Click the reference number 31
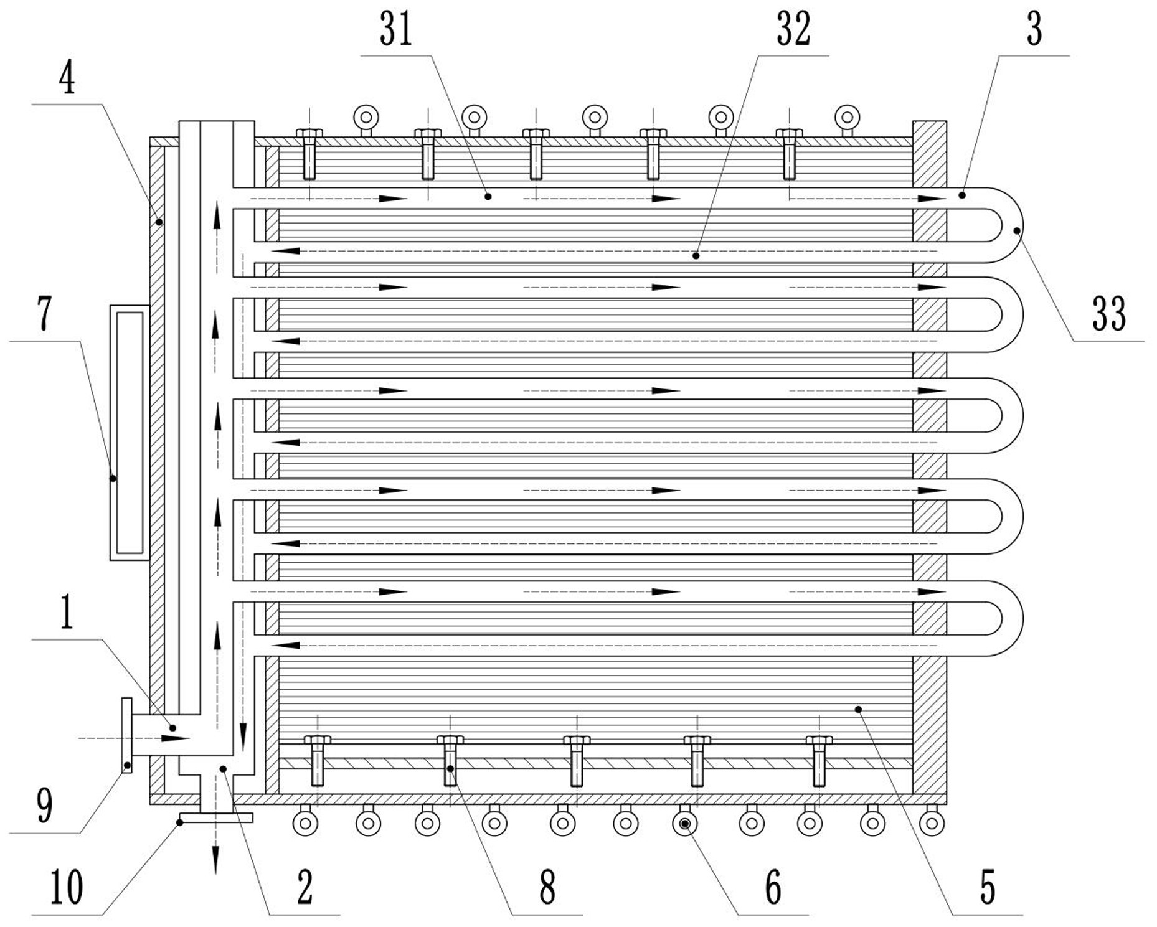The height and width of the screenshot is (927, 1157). pyautogui.click(x=396, y=30)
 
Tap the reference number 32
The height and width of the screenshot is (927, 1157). pyautogui.click(x=793, y=30)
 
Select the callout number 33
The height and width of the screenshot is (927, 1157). pyautogui.click(x=1109, y=314)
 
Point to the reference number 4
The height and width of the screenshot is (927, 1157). pyautogui.click(x=67, y=79)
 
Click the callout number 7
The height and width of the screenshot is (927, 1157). pyautogui.click(x=45, y=314)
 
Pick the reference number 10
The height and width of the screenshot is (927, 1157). pyautogui.click(x=66, y=887)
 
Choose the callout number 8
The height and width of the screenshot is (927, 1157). pyautogui.click(x=547, y=887)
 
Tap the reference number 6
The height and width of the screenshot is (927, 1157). pyautogui.click(x=773, y=887)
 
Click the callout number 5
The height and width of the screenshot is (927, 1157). pyautogui.click(x=988, y=887)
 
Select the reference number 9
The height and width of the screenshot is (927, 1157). pyautogui.click(x=44, y=806)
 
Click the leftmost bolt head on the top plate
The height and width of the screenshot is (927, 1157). pyautogui.click(x=309, y=133)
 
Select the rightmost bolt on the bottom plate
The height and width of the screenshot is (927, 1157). pyautogui.click(x=819, y=761)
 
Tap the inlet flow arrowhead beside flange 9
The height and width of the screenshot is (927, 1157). pyautogui.click(x=176, y=738)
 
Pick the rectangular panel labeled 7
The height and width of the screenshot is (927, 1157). pyautogui.click(x=130, y=433)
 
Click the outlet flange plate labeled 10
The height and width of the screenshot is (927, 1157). pyautogui.click(x=215, y=817)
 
